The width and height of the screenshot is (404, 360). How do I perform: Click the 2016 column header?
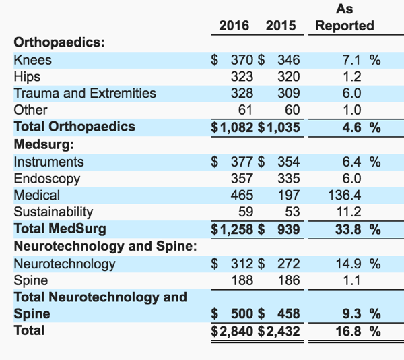tap(234, 26)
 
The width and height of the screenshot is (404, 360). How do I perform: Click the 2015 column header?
tap(281, 26)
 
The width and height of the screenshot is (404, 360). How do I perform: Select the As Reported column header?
tap(345, 18)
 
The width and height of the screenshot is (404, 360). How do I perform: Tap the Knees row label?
tap(33, 60)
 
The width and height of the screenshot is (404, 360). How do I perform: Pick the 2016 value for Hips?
tap(242, 77)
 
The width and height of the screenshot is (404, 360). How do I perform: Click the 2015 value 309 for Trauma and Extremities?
tap(289, 93)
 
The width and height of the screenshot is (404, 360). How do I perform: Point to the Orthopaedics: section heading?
tap(59, 42)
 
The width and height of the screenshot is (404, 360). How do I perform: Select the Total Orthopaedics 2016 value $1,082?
tap(232, 127)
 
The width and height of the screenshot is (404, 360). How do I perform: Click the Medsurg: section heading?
tap(44, 144)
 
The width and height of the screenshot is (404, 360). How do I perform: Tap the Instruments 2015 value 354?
tap(289, 162)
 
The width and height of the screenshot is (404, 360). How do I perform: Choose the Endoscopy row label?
tap(47, 179)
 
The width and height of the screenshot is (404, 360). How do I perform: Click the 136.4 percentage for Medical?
tap(345, 196)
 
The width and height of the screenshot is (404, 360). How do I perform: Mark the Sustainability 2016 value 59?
tap(246, 212)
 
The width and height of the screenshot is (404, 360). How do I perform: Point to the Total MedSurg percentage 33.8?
tap(348, 229)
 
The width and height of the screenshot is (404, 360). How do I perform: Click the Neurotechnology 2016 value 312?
tap(242, 264)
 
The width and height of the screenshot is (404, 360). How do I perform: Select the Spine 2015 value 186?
tap(289, 280)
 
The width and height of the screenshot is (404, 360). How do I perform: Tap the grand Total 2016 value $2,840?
tap(232, 331)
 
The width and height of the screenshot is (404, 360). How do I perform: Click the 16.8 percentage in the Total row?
tap(348, 331)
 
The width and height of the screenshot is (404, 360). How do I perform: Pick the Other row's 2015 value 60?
tap(292, 110)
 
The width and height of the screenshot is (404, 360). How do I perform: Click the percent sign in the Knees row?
tap(375, 60)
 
